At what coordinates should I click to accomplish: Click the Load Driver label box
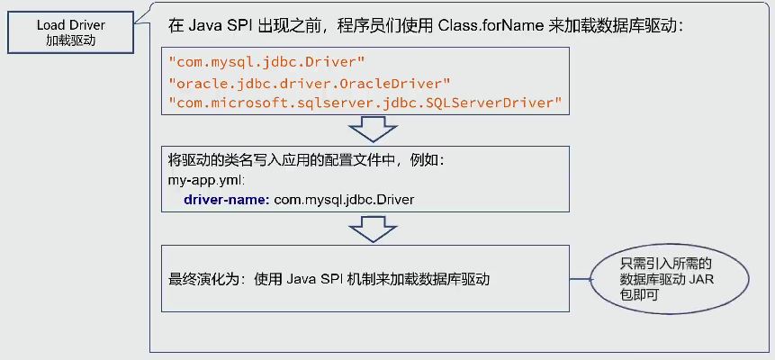point(72,32)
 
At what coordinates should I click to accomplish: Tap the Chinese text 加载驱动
point(72,40)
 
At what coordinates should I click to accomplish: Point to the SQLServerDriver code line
point(365,103)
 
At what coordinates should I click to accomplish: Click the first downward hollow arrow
point(366,129)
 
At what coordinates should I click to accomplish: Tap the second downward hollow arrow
point(366,229)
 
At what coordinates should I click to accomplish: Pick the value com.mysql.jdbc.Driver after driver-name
point(337,198)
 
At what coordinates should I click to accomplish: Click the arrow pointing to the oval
point(581,279)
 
